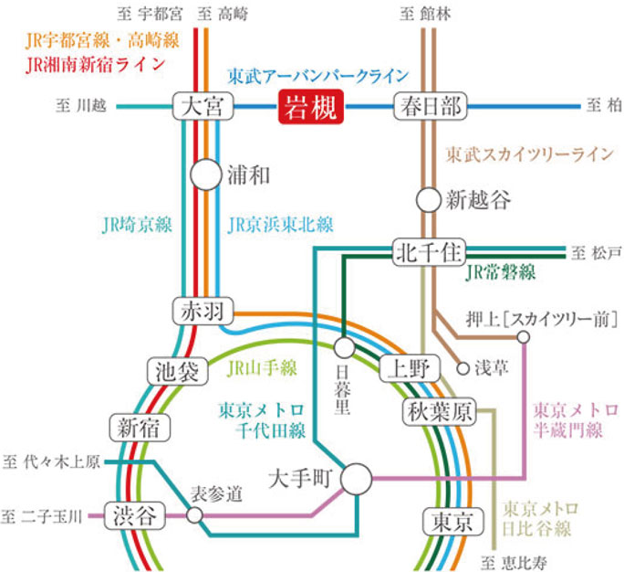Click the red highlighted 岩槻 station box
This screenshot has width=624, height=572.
click(x=310, y=107)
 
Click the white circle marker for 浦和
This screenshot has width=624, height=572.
click(x=206, y=175)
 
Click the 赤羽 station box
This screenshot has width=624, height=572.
click(x=203, y=311)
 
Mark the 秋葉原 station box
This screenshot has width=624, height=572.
click(x=440, y=413)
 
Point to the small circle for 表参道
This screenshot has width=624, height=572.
click(x=194, y=515)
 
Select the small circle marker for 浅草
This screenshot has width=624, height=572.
click(x=463, y=368)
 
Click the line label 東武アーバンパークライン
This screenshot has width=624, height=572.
click(x=317, y=77)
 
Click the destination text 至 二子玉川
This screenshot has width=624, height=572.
click(x=43, y=516)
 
